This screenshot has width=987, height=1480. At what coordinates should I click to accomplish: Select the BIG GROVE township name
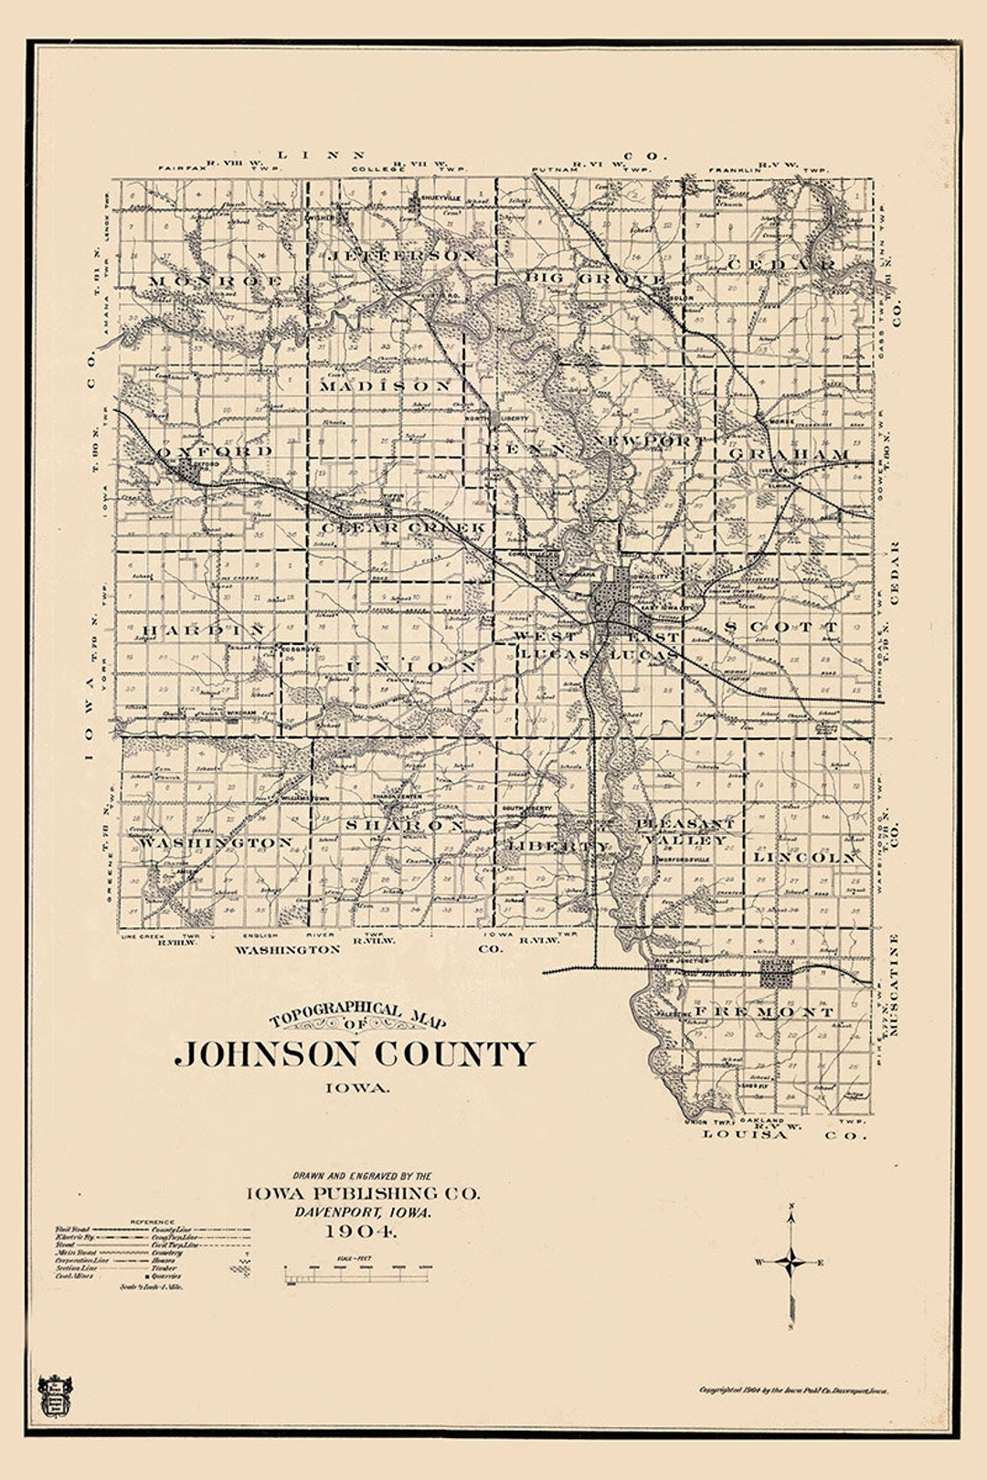[595, 278]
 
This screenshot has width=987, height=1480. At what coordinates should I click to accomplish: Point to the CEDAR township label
[782, 264]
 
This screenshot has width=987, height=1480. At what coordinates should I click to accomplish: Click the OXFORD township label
[216, 451]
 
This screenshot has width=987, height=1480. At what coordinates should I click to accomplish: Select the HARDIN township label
[203, 630]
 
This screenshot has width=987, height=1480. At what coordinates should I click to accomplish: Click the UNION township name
[411, 668]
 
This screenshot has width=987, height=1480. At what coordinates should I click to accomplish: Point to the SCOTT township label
[780, 628]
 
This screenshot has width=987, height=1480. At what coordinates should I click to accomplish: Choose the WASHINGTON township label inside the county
[217, 842]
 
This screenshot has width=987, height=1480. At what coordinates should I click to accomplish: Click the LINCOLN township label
[805, 858]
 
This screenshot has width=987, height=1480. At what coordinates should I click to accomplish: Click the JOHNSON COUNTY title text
[355, 1054]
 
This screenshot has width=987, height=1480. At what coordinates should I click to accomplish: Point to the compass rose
[791, 1263]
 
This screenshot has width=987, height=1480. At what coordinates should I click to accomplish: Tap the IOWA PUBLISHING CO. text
[362, 1193]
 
